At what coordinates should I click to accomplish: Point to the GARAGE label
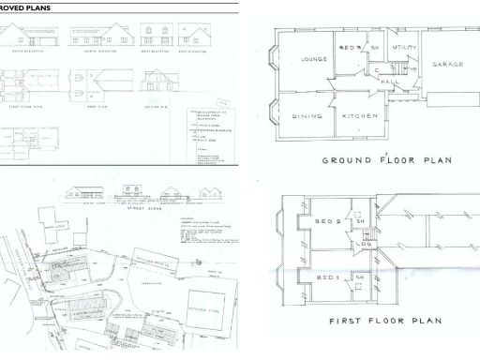(445, 67)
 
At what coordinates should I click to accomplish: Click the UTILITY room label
(405, 46)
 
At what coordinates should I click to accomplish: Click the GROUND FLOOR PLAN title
(386, 160)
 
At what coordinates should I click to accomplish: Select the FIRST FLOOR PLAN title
(384, 322)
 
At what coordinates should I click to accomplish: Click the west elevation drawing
(155, 36)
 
